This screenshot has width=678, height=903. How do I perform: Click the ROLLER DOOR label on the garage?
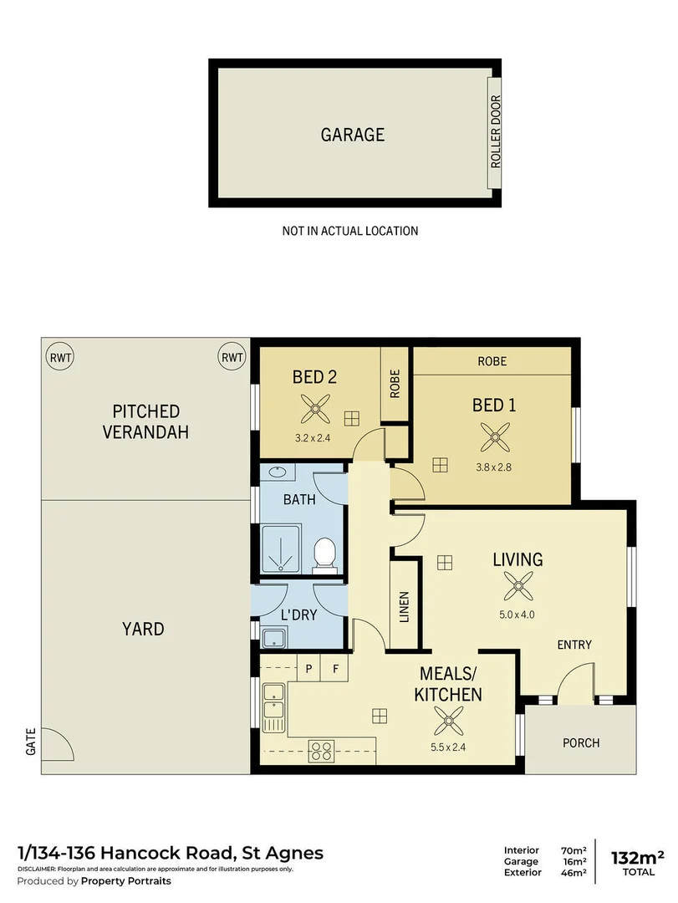pos(495,133)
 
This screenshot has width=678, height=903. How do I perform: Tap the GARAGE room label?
pos(353,135)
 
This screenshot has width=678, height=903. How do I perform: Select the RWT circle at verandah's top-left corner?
pos(60,357)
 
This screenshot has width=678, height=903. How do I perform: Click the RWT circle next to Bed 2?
pos(232,357)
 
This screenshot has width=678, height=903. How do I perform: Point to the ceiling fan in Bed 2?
pos(315,410)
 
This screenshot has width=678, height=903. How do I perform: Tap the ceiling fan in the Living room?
pos(517,589)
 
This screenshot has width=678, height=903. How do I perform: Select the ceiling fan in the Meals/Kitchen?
pos(449,719)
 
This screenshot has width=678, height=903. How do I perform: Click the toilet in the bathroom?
pos(324,554)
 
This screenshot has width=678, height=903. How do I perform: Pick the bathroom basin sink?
pos(277,473)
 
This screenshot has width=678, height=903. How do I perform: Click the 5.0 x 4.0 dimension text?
pos(517,615)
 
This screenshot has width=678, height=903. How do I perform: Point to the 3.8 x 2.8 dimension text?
pos(494,467)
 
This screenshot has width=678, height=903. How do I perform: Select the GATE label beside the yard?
pos(31,741)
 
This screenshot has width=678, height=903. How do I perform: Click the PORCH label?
pos(580,742)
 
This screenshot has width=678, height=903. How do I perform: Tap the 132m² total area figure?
pos(638,856)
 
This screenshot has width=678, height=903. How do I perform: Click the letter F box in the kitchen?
pos(335,669)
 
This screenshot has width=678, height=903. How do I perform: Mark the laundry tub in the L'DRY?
pos(273,640)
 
